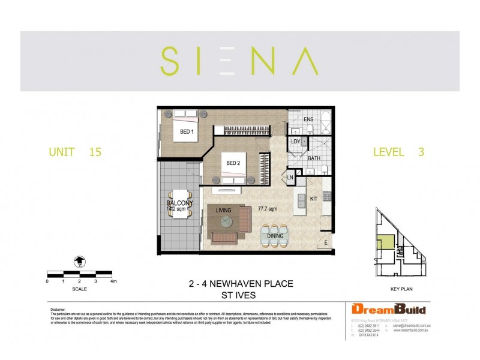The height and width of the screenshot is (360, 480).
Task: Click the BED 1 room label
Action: [186, 131]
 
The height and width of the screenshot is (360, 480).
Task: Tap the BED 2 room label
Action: [233, 163]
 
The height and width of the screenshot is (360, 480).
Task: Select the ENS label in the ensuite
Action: [308, 119]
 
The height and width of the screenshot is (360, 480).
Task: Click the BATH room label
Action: [313, 159]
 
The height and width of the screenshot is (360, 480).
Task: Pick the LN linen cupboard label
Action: [290, 177]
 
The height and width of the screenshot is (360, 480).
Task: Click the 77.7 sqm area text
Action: [267, 209]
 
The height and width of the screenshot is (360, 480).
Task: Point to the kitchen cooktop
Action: [327, 196]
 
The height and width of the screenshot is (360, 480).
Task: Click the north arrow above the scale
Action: [79, 260]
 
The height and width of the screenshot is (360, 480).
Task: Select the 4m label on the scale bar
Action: [113, 281]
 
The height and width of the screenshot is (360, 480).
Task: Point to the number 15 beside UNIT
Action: [94, 152]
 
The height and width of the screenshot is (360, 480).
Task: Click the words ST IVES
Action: [239, 295]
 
